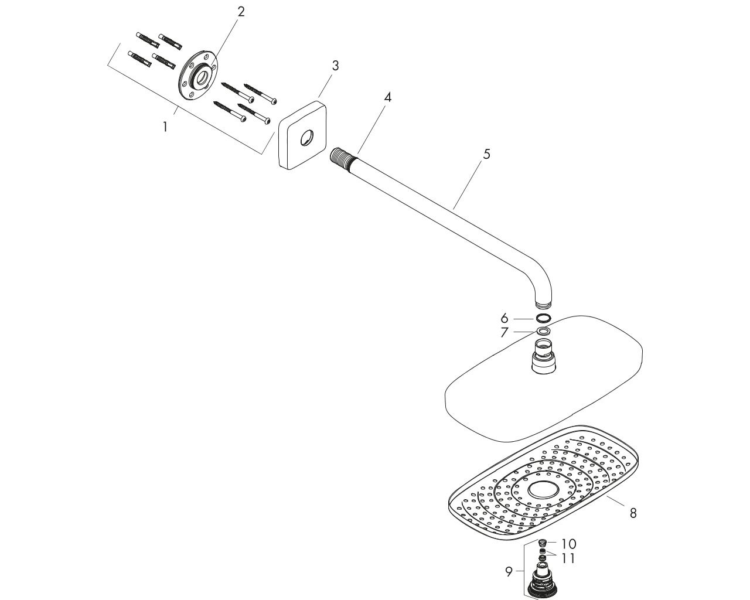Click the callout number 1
click(x=165, y=127)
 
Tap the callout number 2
click(x=241, y=12)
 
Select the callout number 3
click(x=335, y=66)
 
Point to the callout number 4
click(x=387, y=97)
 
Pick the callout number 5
click(x=486, y=154)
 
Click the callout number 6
click(x=504, y=318)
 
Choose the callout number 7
click(x=504, y=332)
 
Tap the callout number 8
click(x=633, y=513)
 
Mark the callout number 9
click(x=509, y=572)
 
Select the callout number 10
click(x=568, y=544)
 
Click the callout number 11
click(x=568, y=558)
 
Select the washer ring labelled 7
click(x=543, y=331)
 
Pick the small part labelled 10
click(x=542, y=543)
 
